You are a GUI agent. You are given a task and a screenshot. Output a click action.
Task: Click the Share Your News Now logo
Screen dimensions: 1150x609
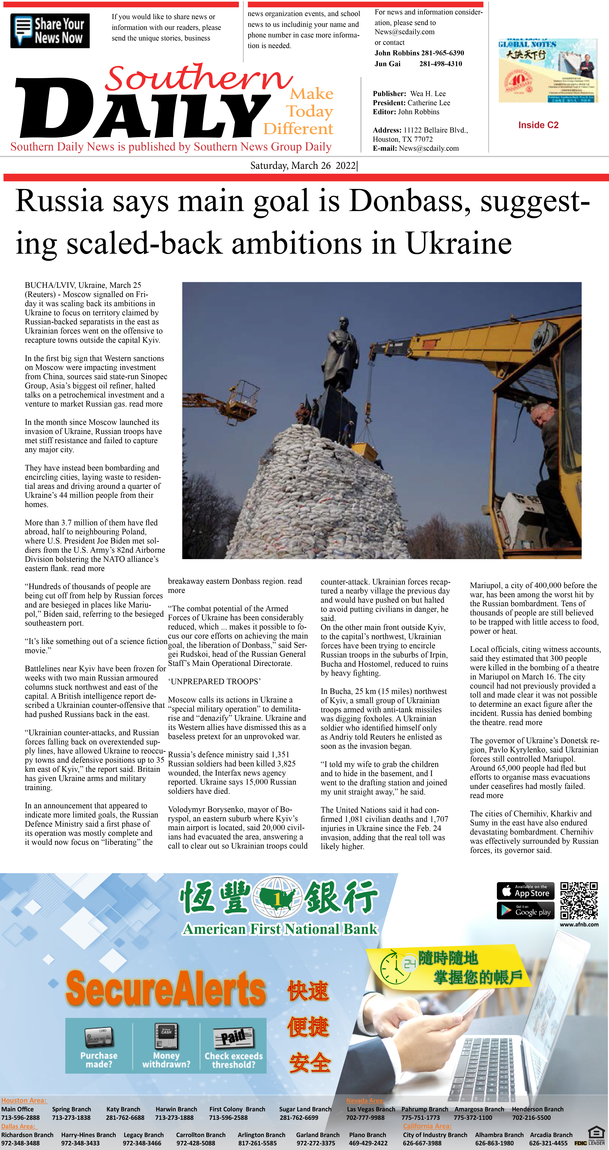(50, 31)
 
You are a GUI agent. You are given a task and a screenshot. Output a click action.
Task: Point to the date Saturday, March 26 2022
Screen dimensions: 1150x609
(303, 166)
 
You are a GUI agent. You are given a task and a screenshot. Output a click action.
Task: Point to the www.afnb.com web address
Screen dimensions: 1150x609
(579, 925)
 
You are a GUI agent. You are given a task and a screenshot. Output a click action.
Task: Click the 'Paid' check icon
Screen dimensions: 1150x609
(233, 1037)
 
